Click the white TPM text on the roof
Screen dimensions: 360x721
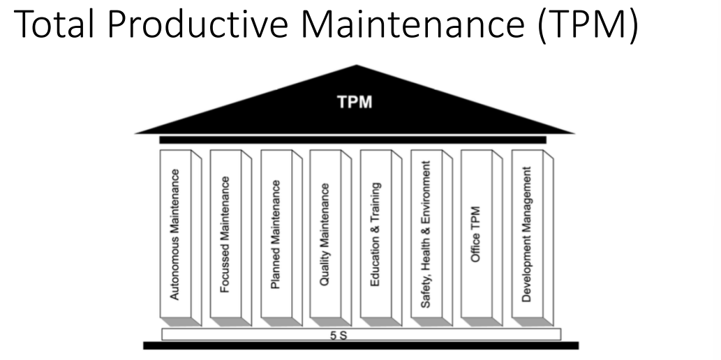[354, 103]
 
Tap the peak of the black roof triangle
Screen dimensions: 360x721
[357, 68]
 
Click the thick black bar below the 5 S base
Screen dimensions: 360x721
[360, 346]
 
